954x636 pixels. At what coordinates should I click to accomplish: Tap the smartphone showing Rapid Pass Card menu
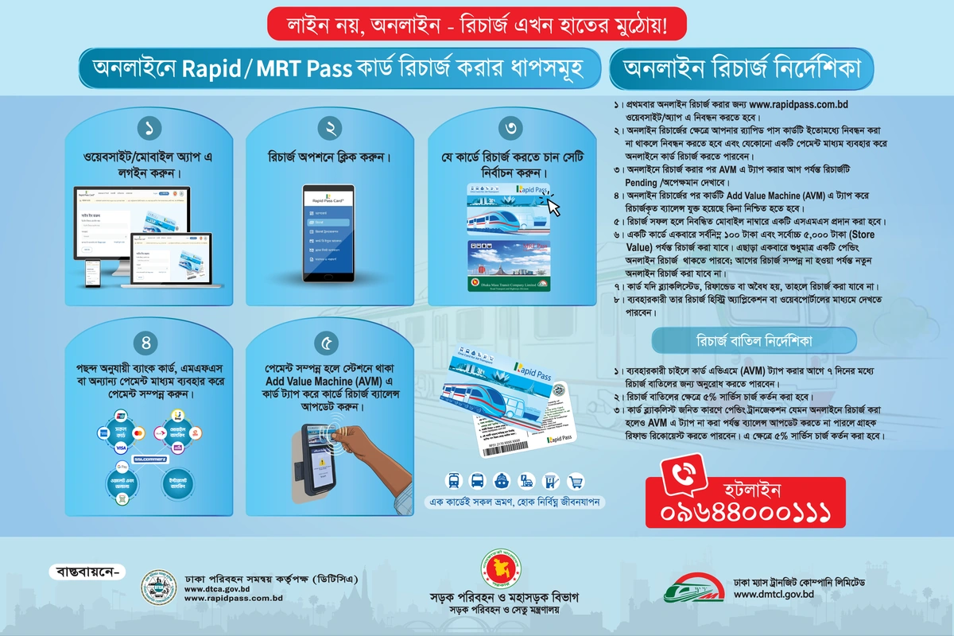pyautogui.click(x=329, y=233)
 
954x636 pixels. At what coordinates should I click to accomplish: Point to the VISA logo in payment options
pyautogui.click(x=122, y=448)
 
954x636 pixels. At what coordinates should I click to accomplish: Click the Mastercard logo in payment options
pyautogui.click(x=138, y=434)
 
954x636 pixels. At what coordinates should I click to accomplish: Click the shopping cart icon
pyautogui.click(x=576, y=480)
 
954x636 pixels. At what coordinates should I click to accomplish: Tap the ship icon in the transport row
pyautogui.click(x=502, y=480)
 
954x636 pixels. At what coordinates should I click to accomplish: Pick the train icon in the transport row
pyautogui.click(x=453, y=480)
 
